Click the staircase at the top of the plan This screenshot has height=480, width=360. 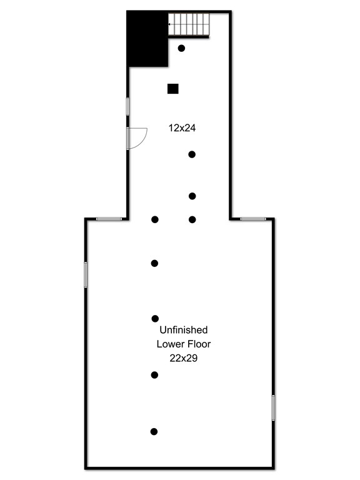click(189, 24)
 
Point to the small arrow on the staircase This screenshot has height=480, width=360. click(169, 24)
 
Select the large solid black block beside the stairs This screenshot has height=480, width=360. click(147, 39)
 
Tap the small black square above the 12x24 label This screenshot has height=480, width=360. click(173, 89)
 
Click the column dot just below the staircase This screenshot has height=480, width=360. click(181, 48)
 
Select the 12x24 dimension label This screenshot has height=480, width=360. click(182, 127)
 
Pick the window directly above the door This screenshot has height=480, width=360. click(127, 106)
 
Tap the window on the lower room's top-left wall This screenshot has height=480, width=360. click(109, 219)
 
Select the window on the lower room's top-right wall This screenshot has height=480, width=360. click(253, 219)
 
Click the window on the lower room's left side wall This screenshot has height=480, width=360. click(86, 274)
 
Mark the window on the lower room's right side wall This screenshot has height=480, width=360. click(273, 407)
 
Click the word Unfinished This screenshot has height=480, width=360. click(184, 330)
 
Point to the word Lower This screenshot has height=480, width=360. click(169, 344)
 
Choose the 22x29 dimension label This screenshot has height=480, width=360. click(184, 358)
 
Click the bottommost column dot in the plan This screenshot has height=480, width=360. click(154, 432)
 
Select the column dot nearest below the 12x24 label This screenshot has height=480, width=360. click(192, 154)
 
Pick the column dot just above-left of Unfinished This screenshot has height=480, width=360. click(155, 319)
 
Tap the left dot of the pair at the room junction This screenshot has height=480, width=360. click(155, 219)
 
